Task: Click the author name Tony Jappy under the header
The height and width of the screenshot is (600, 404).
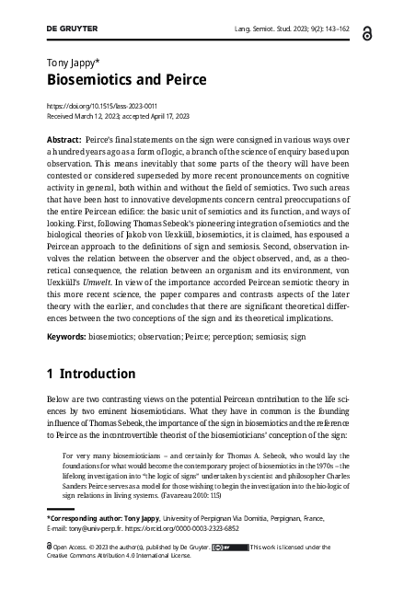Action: [72, 63]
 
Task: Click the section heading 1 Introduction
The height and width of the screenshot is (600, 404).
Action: [92, 374]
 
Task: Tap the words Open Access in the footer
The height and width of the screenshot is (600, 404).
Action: [71, 547]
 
